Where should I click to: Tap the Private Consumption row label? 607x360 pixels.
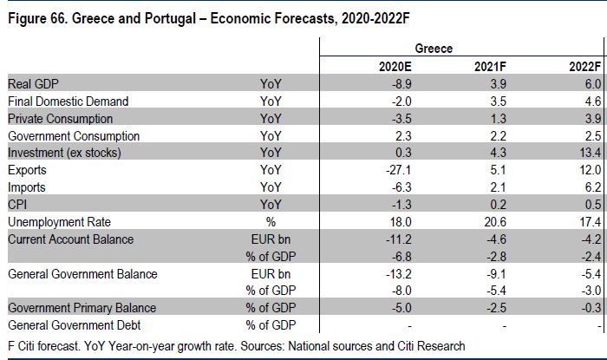pyautogui.click(x=59, y=119)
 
